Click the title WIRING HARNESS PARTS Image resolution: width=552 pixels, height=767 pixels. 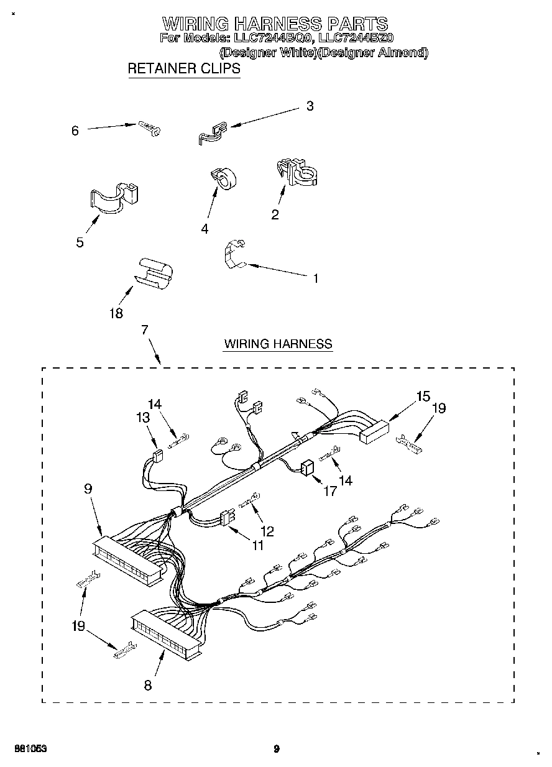tap(275, 24)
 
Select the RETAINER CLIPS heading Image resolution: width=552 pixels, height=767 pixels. tap(184, 68)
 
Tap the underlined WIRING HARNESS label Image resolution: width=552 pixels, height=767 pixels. tap(278, 344)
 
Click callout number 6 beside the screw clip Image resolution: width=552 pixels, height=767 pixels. tap(75, 131)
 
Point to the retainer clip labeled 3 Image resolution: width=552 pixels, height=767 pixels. tap(211, 134)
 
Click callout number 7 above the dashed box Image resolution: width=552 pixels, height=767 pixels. tap(145, 330)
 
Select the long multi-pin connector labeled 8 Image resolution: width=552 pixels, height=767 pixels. tap(166, 630)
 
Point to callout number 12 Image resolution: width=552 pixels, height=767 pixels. tap(268, 532)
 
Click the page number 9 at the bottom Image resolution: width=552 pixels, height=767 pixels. tap(276, 749)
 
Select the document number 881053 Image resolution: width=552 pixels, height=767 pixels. tap(30, 749)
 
